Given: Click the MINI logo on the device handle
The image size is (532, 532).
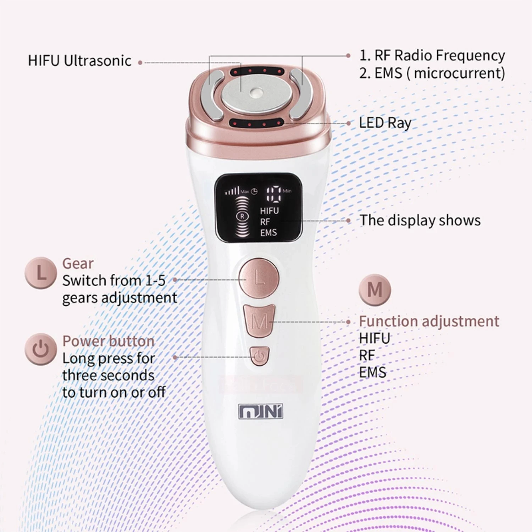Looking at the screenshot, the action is click(261, 412).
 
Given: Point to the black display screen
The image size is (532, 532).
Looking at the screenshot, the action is click(259, 208).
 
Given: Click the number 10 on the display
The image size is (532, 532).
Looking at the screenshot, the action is click(273, 193).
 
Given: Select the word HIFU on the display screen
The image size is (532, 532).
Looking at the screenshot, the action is click(269, 211).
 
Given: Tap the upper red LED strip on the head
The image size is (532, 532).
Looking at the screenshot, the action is click(257, 71).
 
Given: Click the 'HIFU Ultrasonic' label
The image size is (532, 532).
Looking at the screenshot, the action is click(80, 61).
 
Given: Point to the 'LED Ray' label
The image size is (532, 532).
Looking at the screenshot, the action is click(385, 123).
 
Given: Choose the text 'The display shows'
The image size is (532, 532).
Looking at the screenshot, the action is click(420, 220).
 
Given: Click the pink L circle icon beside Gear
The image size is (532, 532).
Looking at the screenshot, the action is click(41, 273).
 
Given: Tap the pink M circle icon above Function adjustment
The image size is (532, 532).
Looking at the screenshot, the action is click(375, 290).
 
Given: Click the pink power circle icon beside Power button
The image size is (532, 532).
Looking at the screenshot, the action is click(41, 349).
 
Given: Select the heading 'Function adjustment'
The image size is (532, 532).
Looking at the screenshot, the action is click(429, 321).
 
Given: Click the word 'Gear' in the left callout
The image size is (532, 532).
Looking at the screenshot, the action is click(78, 264).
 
